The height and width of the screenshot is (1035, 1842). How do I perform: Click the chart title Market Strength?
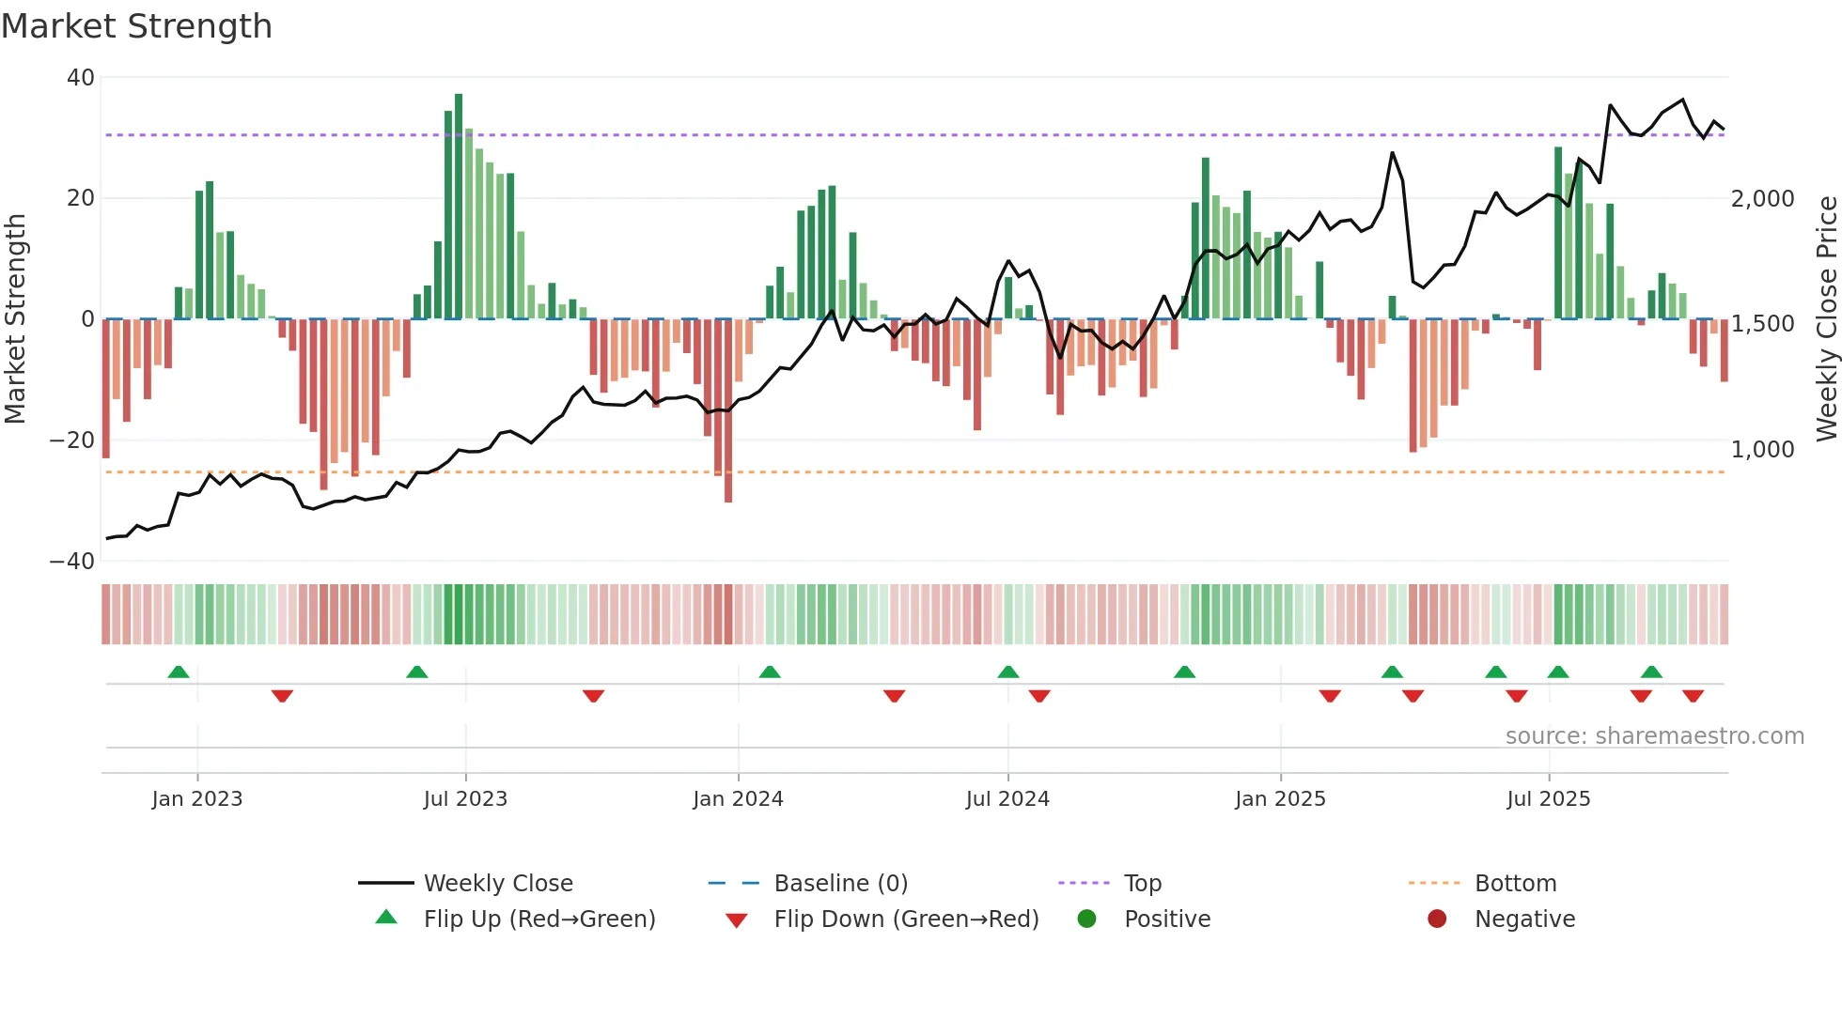136,26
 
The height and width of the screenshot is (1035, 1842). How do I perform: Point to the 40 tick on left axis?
81,78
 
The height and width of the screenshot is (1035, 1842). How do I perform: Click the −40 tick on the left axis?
72,562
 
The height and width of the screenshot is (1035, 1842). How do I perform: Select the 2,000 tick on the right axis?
1762,199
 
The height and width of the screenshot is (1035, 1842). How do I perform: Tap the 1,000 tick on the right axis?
1762,450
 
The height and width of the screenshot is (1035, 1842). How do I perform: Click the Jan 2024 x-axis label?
738,799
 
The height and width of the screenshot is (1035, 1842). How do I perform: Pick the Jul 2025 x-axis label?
1548,799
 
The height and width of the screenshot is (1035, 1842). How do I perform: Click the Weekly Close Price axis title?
1826,319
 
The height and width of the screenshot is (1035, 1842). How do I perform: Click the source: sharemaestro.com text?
1654,736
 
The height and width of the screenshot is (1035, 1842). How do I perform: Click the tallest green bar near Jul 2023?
459,207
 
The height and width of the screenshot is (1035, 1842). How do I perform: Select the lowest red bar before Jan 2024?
728,411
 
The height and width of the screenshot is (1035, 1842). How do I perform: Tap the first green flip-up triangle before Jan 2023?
179,672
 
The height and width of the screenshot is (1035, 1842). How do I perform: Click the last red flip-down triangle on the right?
1694,696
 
